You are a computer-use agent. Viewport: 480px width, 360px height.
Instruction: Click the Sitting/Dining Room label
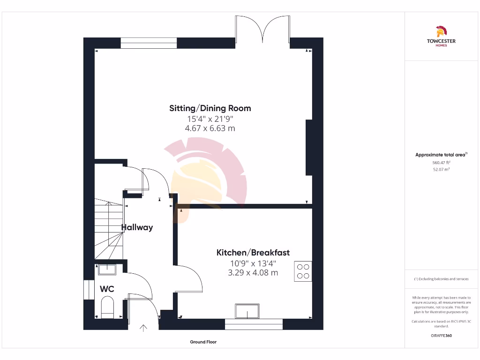[210, 108]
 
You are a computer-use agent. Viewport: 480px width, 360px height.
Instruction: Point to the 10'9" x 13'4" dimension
[253, 263]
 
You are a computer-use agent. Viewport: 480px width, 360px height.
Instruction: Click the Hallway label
[137, 227]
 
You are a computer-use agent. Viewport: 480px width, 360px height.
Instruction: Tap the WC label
[107, 289]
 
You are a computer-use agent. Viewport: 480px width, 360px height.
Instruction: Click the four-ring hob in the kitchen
[303, 271]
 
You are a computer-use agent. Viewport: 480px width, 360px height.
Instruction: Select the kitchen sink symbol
[247, 311]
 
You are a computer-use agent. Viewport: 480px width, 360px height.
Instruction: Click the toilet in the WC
[107, 307]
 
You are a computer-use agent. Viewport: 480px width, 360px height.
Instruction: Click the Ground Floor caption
[203, 342]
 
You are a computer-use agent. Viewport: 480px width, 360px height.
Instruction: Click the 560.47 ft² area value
[441, 163]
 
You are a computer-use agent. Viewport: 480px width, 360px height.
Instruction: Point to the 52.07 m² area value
[441, 169]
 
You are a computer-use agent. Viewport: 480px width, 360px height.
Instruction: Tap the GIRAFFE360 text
[441, 336]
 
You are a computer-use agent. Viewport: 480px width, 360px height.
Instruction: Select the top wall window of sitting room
[149, 43]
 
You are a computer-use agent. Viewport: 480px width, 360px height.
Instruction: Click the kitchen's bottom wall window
[254, 324]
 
